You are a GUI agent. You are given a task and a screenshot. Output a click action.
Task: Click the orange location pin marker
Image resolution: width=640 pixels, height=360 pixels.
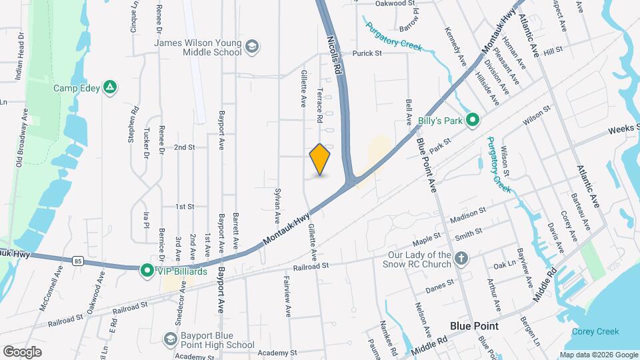click(320, 159)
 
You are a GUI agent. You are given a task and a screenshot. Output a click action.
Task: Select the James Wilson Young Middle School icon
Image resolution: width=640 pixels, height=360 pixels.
click(252, 47)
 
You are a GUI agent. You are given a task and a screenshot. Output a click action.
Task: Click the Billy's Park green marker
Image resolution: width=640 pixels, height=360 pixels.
click(473, 120)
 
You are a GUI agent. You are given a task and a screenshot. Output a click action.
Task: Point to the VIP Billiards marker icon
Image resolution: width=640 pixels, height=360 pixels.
click(147, 271)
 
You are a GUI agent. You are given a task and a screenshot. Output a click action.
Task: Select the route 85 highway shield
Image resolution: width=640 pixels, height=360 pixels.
click(79, 260)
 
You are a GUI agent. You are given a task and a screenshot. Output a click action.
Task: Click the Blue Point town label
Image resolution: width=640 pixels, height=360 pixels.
click(474, 325)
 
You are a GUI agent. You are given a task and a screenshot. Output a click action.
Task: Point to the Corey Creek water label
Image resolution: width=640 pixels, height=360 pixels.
click(595, 331)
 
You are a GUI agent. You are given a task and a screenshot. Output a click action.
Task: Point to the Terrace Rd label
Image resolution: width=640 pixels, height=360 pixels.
click(320, 106)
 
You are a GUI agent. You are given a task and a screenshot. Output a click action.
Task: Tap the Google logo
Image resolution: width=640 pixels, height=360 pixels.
click(22, 351)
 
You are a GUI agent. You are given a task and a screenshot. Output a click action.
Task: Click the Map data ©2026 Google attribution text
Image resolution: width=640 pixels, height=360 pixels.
click(598, 355)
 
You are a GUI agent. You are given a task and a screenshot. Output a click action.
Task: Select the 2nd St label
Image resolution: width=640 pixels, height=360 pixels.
click(184, 147)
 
